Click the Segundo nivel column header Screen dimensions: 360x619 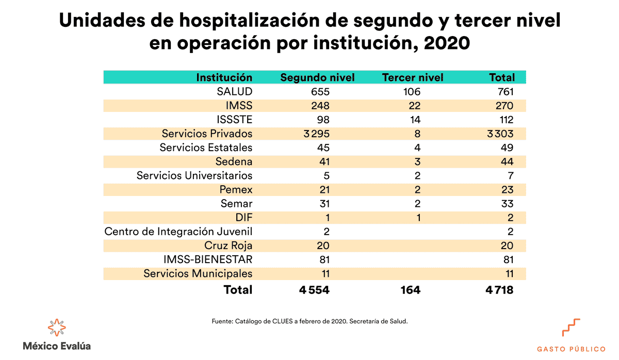317,77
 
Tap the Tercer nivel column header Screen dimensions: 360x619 413,77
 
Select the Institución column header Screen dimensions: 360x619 224,77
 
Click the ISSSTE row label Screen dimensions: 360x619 235,120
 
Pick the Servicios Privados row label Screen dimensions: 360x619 207,134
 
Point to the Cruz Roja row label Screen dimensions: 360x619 228,246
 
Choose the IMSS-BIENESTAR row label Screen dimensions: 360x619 214,259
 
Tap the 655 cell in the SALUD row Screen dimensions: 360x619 319,92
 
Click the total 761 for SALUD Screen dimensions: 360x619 503,92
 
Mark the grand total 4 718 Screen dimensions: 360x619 499,290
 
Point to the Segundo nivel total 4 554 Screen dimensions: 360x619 314,290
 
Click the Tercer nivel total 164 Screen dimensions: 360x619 410,290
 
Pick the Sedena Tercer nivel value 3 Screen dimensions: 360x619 417,161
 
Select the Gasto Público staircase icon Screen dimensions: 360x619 571,328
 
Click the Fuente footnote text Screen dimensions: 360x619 309,321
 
